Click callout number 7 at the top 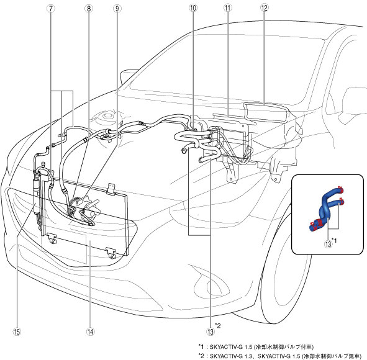click(51, 9)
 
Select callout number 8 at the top click(89, 9)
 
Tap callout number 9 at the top click(117, 9)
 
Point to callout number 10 click(193, 8)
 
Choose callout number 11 click(227, 8)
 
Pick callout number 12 click(264, 8)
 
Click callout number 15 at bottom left click(17, 331)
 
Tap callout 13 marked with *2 click(210, 331)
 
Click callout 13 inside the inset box click(328, 244)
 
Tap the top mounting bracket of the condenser click(111, 188)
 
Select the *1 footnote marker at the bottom click(201, 347)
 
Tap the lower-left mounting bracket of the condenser click(52, 238)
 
